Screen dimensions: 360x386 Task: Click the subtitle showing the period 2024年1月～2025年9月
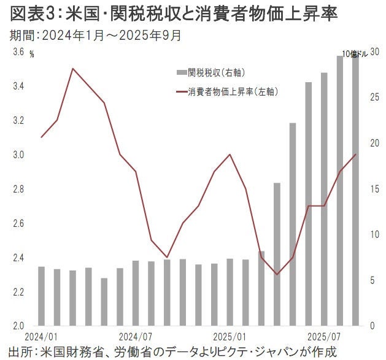pyautogui.click(x=96, y=35)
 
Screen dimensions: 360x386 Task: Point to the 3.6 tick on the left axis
pyautogui.click(x=18, y=53)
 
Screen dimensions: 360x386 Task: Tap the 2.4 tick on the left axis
pyautogui.click(x=18, y=258)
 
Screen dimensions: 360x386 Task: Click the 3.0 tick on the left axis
pyautogui.click(x=18, y=155)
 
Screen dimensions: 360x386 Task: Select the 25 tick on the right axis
pyautogui.click(x=374, y=98)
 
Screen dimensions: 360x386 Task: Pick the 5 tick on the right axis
pyautogui.click(x=371, y=280)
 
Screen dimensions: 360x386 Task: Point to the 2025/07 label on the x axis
pyautogui.click(x=324, y=337)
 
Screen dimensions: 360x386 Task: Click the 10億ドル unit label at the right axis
pyautogui.click(x=355, y=54)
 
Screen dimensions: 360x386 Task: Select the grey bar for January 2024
pyautogui.click(x=42, y=296)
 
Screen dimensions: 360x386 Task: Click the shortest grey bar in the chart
pyautogui.click(x=104, y=301)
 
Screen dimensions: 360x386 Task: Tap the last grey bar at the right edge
pyautogui.click(x=355, y=190)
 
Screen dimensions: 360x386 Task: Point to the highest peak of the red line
pyautogui.click(x=73, y=68)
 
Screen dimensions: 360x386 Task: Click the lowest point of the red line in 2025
pyautogui.click(x=277, y=274)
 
